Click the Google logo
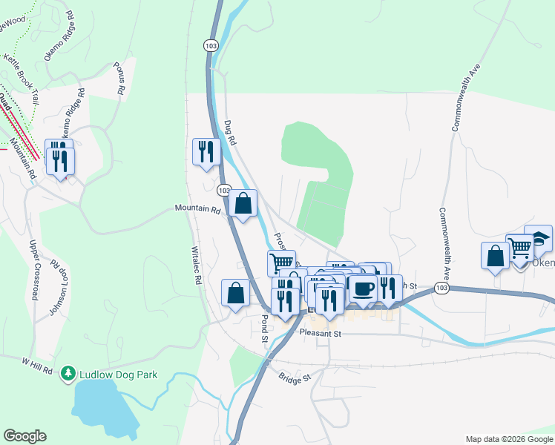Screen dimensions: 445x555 (24, 436)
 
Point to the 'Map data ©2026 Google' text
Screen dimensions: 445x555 (509, 438)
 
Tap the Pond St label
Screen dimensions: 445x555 (264, 327)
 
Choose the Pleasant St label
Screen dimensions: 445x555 (320, 334)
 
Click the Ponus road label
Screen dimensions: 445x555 (119, 76)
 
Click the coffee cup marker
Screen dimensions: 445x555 (363, 289)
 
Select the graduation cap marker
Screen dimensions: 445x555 (538, 238)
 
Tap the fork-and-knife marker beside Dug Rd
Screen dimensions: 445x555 (204, 151)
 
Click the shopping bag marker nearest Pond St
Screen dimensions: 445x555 (235, 292)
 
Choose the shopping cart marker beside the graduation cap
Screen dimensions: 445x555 (519, 247)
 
